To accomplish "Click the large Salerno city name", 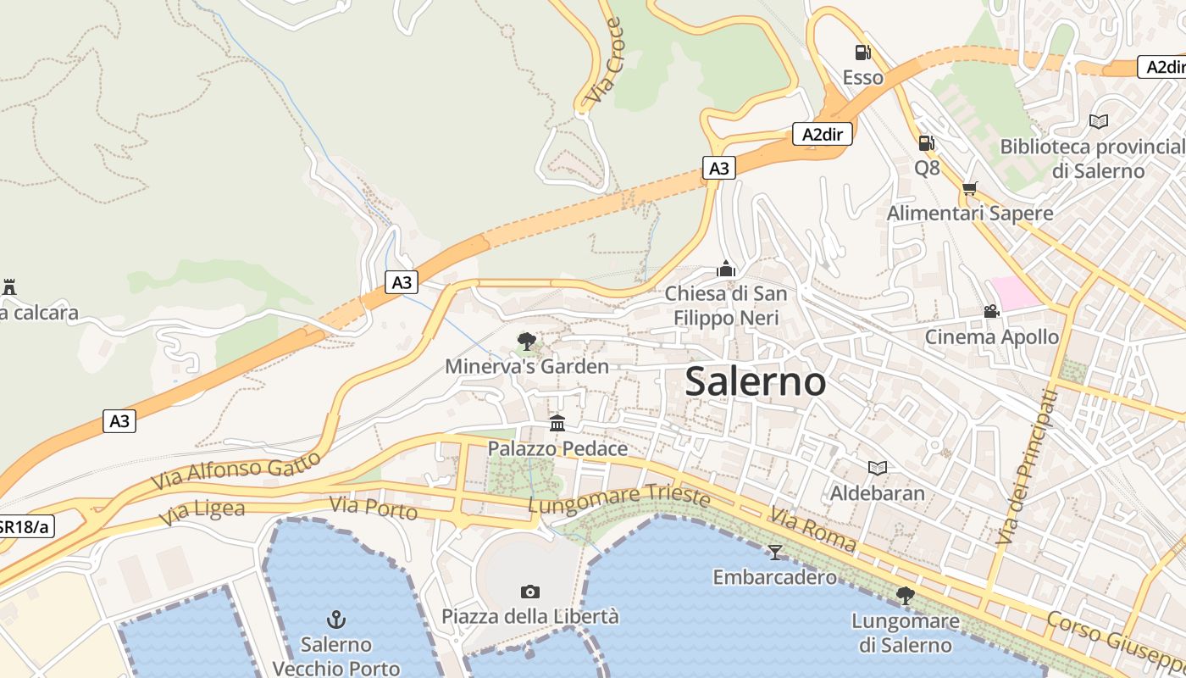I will [755, 381].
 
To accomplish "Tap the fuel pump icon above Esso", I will [862, 53].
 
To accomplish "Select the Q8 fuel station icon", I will [927, 143].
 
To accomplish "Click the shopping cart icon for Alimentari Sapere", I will [969, 188].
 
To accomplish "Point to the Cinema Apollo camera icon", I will [991, 311].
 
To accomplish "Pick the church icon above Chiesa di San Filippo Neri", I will [725, 269].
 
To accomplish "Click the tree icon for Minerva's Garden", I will [526, 342].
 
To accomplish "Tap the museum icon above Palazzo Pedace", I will [557, 423].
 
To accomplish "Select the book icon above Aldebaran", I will [878, 468].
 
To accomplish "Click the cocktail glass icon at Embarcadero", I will [774, 553].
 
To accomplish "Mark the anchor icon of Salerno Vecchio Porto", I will [336, 620].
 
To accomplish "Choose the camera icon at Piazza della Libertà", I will [530, 592].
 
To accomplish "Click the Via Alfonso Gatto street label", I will [236, 470].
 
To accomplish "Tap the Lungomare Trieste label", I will [618, 499].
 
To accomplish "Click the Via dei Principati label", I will [1027, 467].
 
